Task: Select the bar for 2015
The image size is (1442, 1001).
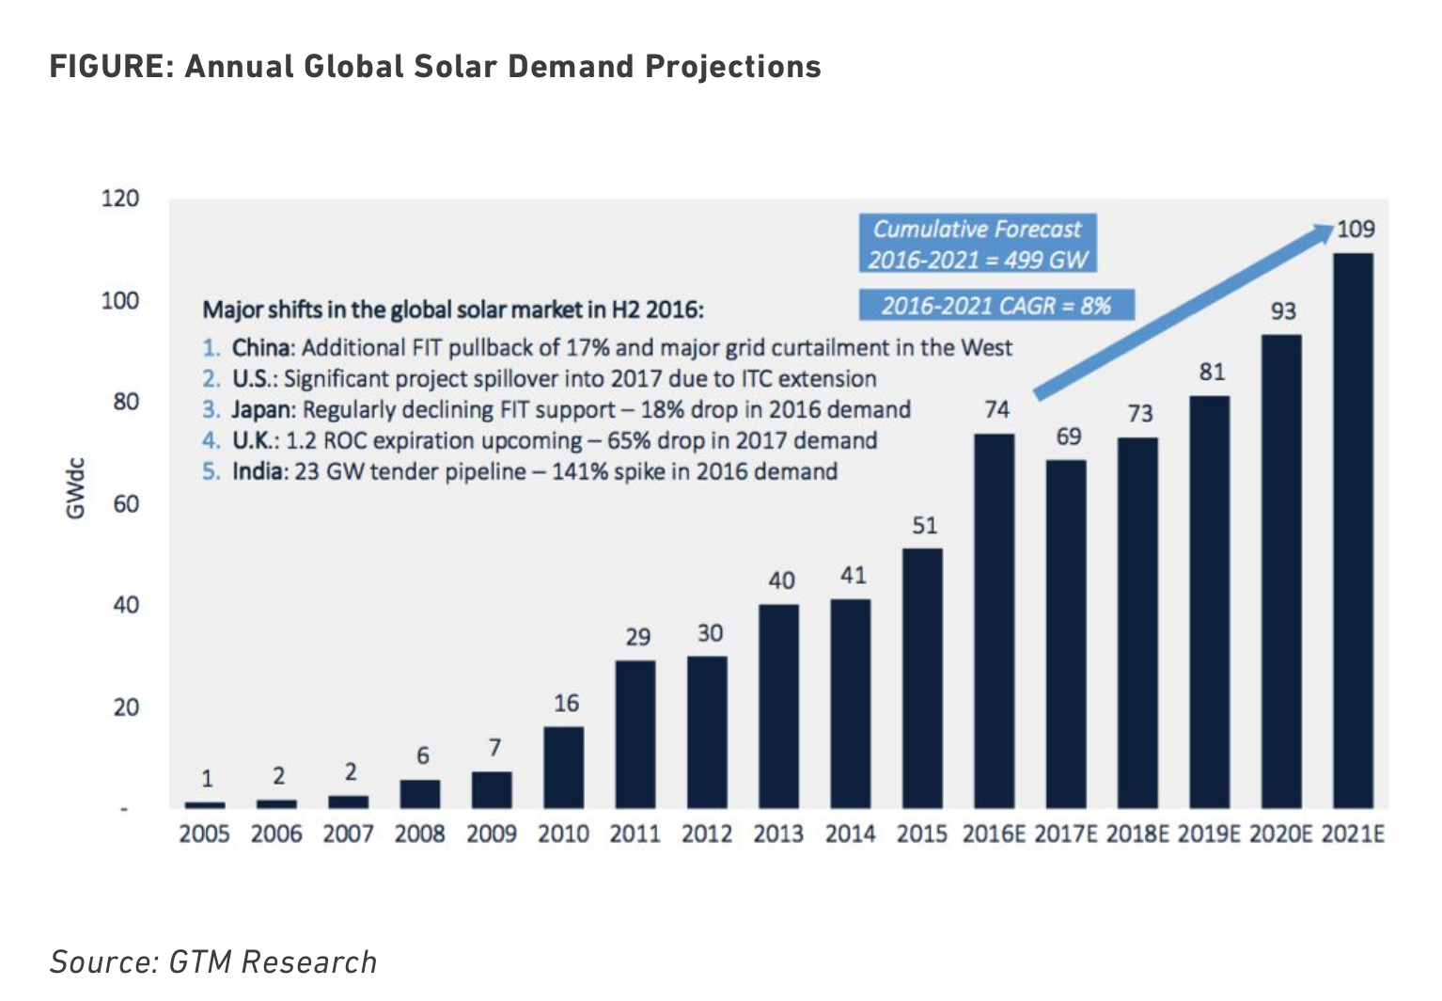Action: (x=922, y=677)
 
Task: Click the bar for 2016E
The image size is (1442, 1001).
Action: (x=994, y=621)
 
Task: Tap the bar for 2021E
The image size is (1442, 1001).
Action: (x=1353, y=531)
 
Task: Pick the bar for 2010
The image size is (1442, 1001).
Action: (x=563, y=767)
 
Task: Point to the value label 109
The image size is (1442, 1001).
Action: (x=1356, y=230)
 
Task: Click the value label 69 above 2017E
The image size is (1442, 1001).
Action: (x=1068, y=437)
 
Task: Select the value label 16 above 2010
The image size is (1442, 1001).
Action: (x=566, y=703)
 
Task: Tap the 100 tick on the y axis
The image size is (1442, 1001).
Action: (x=120, y=301)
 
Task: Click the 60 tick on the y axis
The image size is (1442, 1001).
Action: (x=125, y=504)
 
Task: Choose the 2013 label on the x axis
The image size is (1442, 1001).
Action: (x=778, y=834)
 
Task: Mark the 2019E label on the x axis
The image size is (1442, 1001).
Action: (x=1209, y=834)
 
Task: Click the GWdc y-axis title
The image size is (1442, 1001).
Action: (x=75, y=487)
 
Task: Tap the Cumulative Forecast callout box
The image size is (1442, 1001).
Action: (x=977, y=244)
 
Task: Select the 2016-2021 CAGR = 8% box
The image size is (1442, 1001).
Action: (x=995, y=305)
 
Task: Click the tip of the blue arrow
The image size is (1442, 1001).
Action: (x=1332, y=226)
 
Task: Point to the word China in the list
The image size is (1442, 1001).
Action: (x=262, y=348)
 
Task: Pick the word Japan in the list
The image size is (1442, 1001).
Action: (x=262, y=409)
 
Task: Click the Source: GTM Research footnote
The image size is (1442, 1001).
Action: (x=213, y=961)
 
